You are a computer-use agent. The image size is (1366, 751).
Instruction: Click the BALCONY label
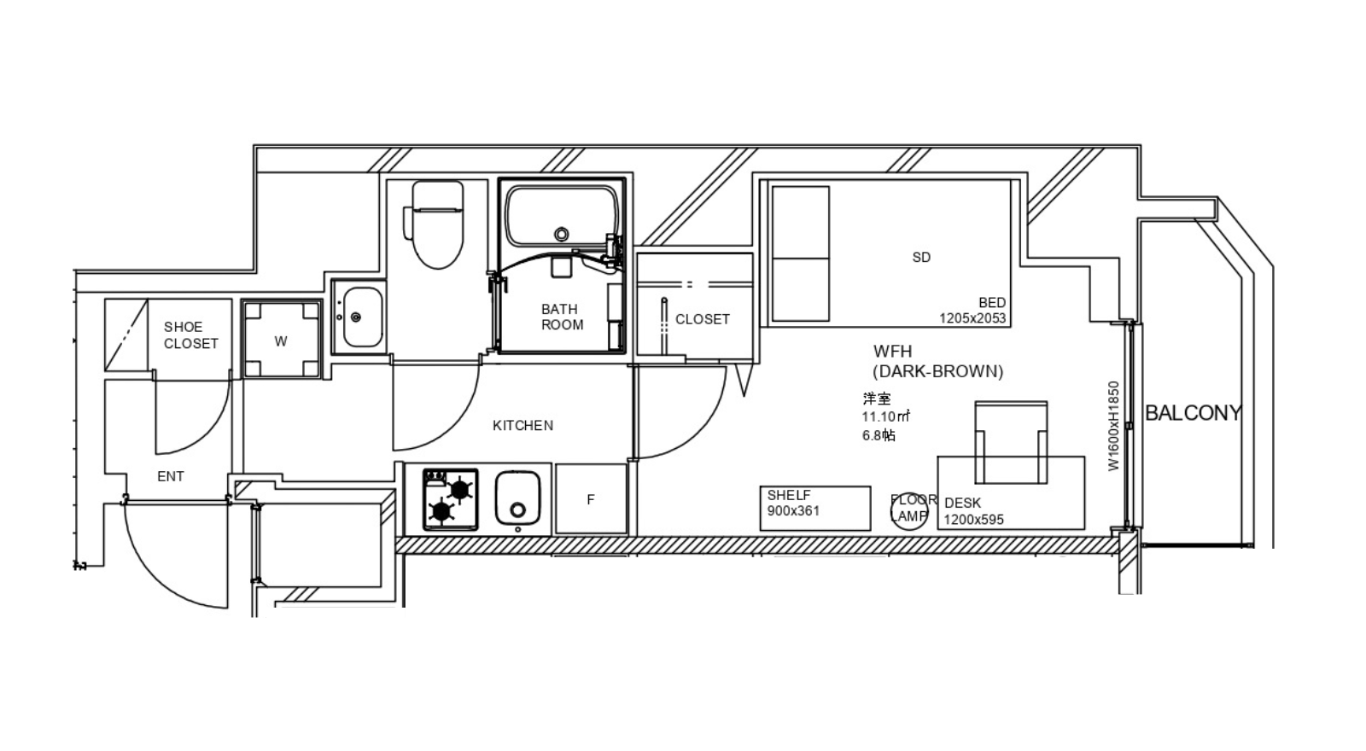click(x=1194, y=413)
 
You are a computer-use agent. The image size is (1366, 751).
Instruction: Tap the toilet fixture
click(x=435, y=224)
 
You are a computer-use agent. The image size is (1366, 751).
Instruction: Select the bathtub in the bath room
click(x=563, y=217)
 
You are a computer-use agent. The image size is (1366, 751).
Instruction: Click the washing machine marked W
click(x=281, y=339)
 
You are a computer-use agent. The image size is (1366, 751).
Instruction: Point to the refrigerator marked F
click(x=591, y=499)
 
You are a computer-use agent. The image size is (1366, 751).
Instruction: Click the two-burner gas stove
click(x=451, y=500)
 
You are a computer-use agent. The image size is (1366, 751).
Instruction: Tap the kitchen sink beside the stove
click(x=517, y=498)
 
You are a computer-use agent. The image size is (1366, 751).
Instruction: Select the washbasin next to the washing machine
click(x=359, y=317)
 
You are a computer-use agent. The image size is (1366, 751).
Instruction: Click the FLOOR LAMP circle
click(x=909, y=511)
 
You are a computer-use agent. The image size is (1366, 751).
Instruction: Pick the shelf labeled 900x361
click(x=815, y=509)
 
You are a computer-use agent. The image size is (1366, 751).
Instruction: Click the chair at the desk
click(x=1011, y=443)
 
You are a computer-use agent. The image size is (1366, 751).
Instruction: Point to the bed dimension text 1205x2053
click(x=972, y=318)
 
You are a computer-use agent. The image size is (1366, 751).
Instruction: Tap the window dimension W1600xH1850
click(x=1114, y=426)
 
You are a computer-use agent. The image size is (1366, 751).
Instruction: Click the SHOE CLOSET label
click(x=191, y=335)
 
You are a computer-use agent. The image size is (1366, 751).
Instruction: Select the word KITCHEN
click(x=523, y=426)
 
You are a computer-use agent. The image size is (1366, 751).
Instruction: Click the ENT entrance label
click(x=171, y=477)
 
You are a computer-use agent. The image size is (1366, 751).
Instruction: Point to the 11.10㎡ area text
click(x=886, y=417)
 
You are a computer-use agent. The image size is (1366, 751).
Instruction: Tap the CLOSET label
click(x=703, y=319)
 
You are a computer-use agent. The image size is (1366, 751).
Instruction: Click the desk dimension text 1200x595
click(x=974, y=520)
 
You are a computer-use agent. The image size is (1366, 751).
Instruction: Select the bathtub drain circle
click(x=562, y=234)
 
